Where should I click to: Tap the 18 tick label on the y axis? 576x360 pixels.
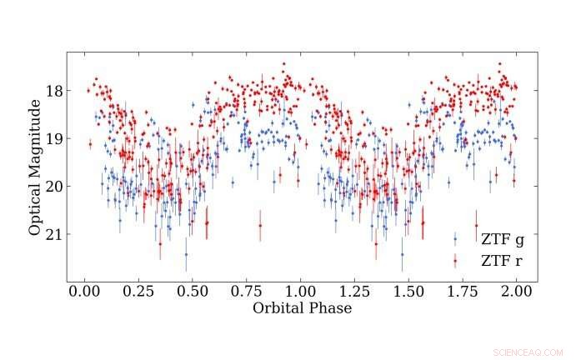click(53, 90)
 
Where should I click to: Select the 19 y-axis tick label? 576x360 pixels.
click(53, 138)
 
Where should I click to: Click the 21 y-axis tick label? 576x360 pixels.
click(53, 234)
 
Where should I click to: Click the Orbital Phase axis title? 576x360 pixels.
click(301, 308)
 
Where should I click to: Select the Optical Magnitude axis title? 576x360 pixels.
click(35, 167)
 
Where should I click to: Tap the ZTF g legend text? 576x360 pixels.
click(502, 240)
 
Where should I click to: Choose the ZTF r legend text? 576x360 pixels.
click(502, 261)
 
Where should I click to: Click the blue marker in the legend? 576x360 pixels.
click(455, 240)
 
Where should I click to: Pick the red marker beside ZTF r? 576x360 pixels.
click(455, 261)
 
